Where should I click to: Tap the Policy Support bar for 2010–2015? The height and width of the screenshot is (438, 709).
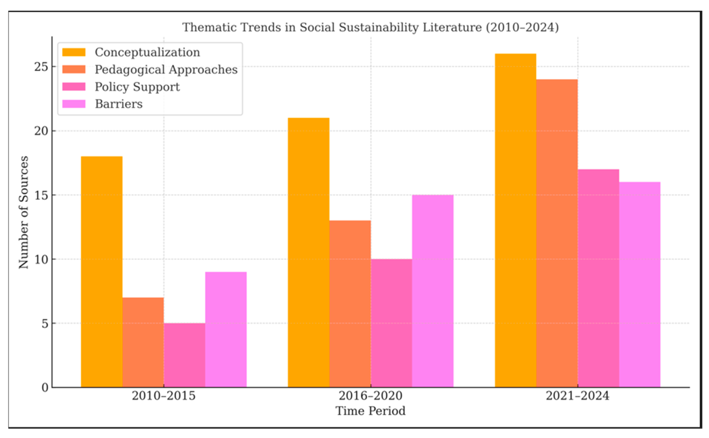(184, 355)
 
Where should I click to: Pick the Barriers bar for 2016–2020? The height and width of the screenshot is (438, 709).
(432, 291)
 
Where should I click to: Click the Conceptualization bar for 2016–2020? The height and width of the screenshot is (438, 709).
(309, 252)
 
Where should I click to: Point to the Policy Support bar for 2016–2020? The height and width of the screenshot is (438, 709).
(391, 323)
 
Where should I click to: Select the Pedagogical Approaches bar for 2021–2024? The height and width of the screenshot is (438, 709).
(557, 233)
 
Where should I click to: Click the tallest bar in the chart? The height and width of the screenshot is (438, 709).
(515, 220)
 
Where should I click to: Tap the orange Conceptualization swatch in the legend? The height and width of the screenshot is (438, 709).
(74, 52)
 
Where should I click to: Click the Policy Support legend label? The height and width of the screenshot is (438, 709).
(137, 87)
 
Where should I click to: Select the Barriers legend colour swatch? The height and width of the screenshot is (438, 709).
(74, 104)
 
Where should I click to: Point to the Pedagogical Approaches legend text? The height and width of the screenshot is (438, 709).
(166, 69)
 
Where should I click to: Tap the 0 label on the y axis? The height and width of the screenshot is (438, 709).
(45, 388)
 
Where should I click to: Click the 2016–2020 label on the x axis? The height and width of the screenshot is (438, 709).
(370, 396)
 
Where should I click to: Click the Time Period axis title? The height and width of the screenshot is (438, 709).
(370, 411)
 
